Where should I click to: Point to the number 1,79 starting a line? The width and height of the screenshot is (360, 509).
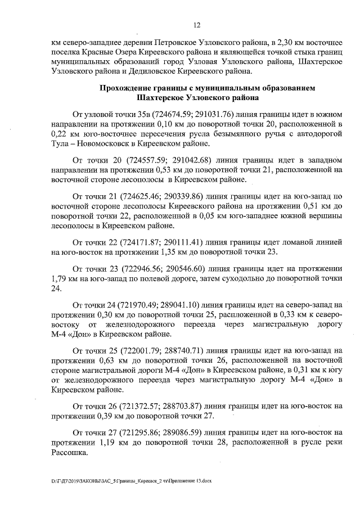click(59, 278)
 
